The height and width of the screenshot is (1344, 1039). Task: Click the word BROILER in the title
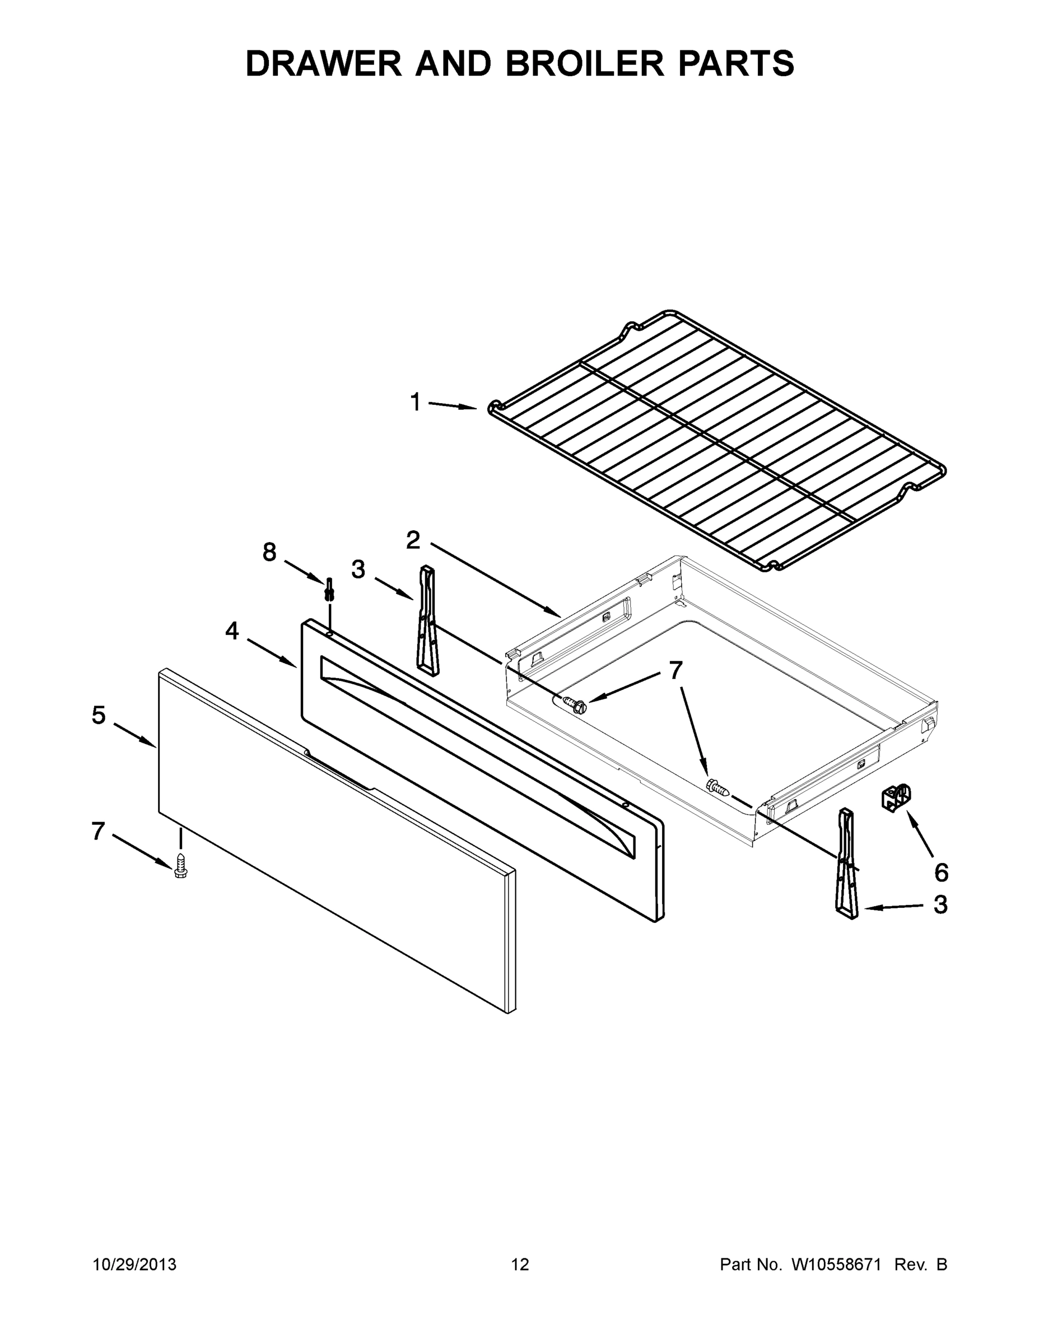point(585,63)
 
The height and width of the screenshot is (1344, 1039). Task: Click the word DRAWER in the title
point(324,63)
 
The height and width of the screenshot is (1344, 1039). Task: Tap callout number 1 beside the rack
point(416,403)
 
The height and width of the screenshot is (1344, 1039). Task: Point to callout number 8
point(269,552)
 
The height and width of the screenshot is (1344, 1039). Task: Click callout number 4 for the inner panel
point(231,630)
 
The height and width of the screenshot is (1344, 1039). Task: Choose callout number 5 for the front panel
point(99,715)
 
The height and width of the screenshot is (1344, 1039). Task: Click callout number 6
point(941,872)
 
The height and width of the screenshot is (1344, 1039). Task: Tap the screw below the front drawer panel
point(180,865)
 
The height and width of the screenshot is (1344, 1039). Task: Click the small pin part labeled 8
point(330,590)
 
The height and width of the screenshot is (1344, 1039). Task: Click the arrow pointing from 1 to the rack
point(452,405)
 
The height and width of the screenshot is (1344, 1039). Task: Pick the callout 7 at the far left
point(98,831)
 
